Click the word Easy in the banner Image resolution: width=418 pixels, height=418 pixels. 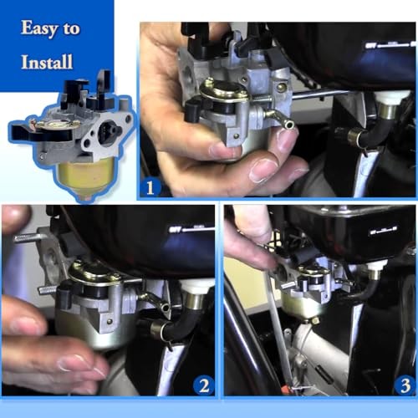click(39, 28)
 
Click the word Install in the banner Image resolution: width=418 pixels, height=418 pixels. click(47, 62)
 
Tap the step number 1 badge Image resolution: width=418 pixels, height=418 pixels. click(150, 187)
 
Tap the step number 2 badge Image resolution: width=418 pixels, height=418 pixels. click(204, 385)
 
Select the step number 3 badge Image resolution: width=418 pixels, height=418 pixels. click(405, 385)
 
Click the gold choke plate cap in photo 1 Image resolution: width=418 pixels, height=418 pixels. click(224, 89)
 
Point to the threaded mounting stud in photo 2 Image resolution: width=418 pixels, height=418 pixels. click(28, 237)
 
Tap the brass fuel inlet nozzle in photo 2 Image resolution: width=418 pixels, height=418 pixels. click(157, 302)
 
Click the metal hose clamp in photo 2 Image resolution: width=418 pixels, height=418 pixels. click(160, 329)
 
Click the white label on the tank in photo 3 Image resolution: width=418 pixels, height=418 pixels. click(383, 232)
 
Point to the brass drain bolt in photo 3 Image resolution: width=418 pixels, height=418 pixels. click(314, 321)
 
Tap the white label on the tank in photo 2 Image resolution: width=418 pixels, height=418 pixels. click(191, 230)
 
